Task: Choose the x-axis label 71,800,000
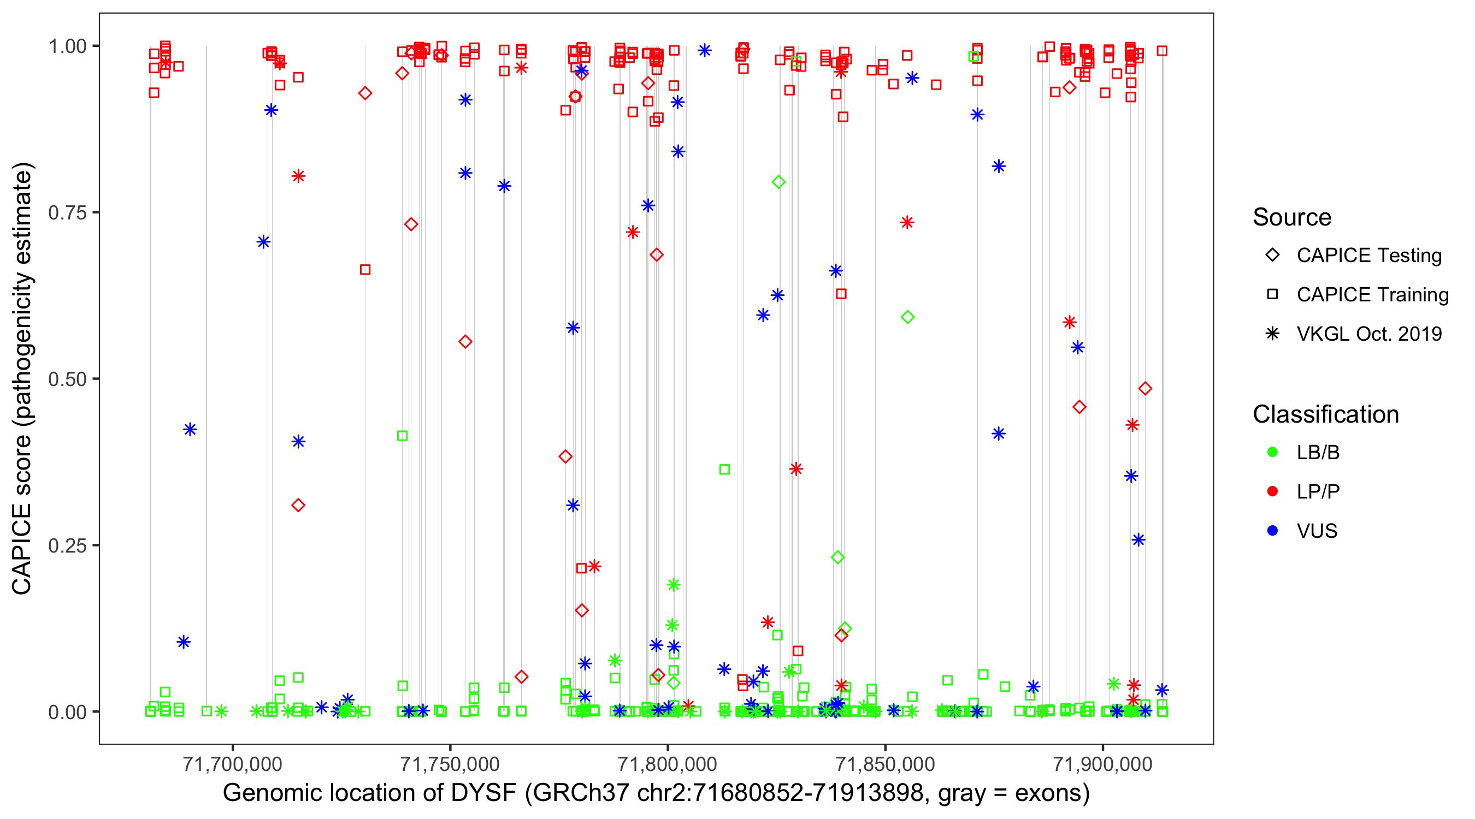click(668, 764)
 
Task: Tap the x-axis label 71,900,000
click(1103, 764)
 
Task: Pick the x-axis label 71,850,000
click(885, 764)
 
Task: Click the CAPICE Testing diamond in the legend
click(1272, 256)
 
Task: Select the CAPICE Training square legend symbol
click(1272, 295)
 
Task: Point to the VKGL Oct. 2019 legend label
click(1369, 334)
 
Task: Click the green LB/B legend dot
click(1272, 452)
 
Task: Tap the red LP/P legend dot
click(1272, 491)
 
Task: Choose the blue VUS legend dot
click(1272, 531)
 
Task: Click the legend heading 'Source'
click(1292, 217)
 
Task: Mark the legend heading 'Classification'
click(1325, 414)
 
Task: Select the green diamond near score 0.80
click(778, 182)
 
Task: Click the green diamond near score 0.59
click(907, 317)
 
